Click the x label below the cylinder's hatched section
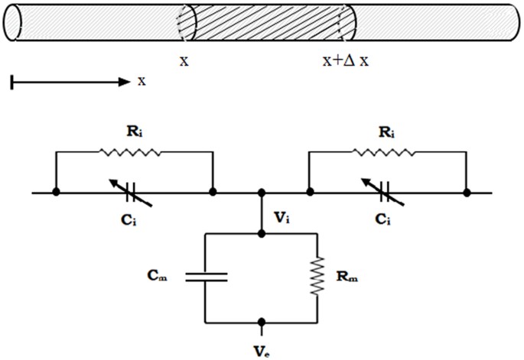(184, 60)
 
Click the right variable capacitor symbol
(386, 192)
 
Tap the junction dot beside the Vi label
(262, 192)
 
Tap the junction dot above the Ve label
(262, 322)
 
